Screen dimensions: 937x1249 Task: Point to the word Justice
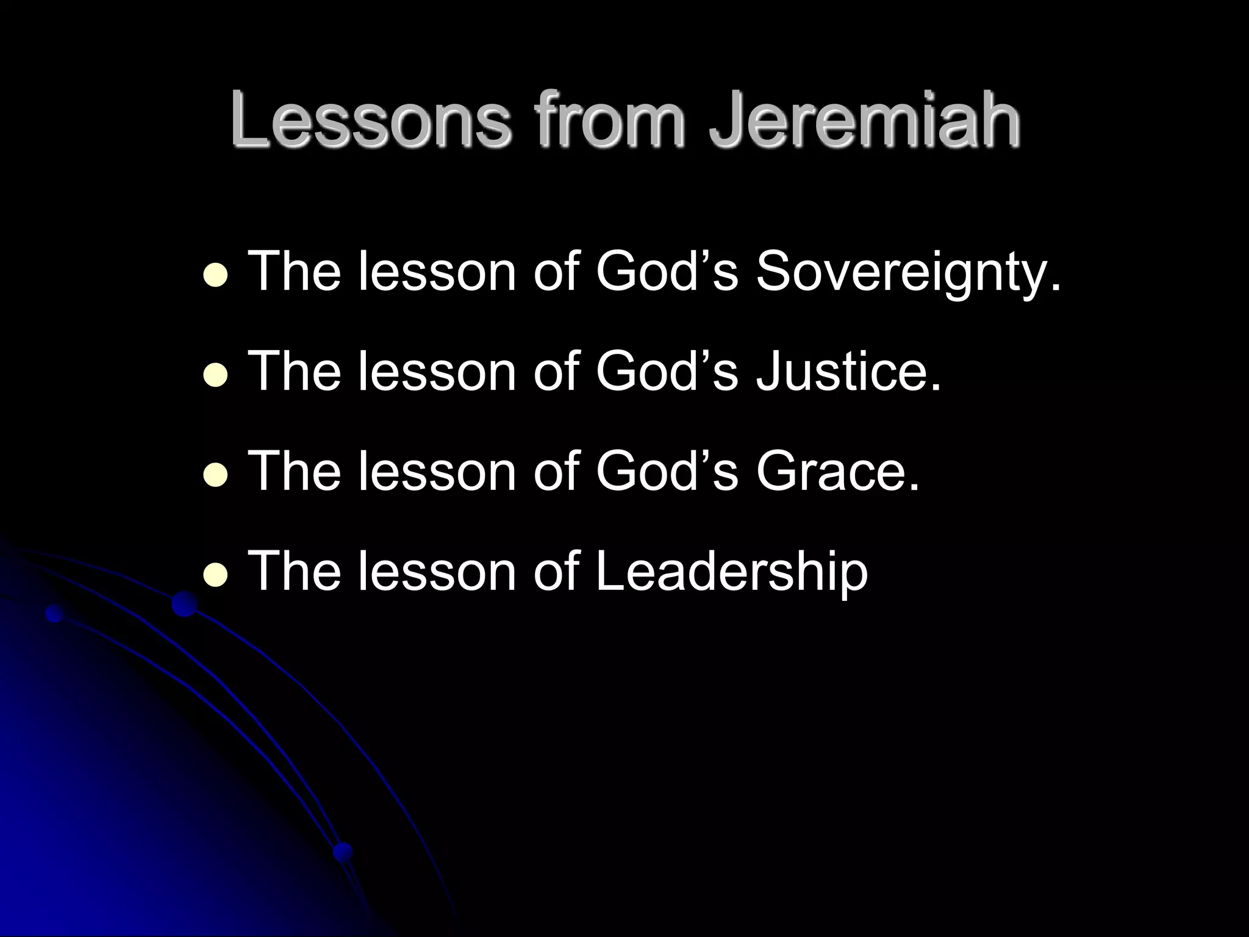848,372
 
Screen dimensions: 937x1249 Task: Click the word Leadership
731,572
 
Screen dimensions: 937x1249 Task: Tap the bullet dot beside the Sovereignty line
215,275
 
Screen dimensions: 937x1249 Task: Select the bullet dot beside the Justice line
215,375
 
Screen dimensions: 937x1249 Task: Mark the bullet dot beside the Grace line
215,475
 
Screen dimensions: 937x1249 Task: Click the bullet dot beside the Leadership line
215,575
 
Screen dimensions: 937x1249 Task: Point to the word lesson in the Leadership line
437,572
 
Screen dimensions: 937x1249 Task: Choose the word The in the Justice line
295,372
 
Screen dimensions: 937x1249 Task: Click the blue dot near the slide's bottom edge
343,851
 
